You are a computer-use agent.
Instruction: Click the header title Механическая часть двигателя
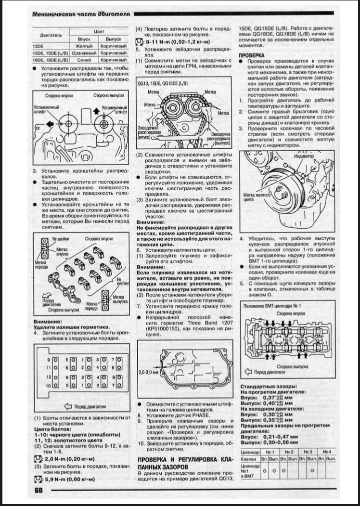click(79, 15)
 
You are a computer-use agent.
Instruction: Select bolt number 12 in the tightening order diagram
click(49, 377)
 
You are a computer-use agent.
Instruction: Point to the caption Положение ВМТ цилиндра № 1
click(273, 307)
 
